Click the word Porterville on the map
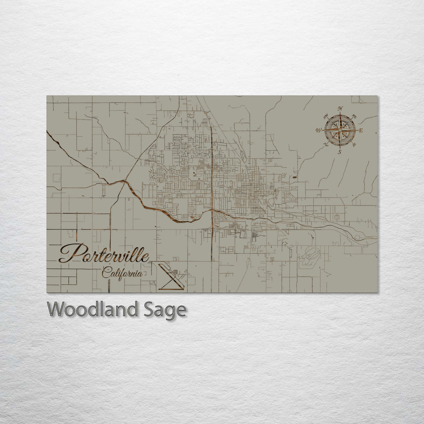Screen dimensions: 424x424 [104, 254]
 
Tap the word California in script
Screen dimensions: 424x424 [122, 272]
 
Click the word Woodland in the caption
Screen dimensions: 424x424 [93, 310]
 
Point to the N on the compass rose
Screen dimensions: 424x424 [340, 109]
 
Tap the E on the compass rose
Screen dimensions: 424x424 [361, 130]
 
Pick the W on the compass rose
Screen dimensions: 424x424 [318, 130]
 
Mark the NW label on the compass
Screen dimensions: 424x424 [325, 116]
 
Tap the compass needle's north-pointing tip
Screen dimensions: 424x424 [340, 115]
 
